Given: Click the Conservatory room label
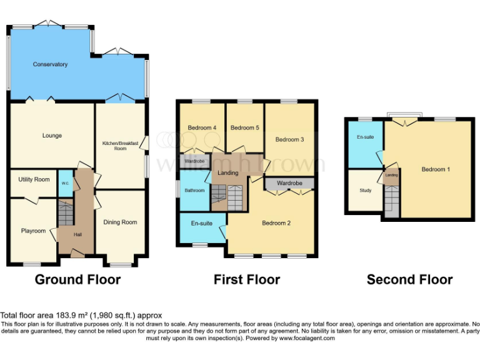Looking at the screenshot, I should pos(50,64).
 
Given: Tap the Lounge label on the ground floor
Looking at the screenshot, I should pos(52,136).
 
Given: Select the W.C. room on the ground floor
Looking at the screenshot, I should pos(65,183).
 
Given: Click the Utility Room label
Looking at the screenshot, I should pos(34,179).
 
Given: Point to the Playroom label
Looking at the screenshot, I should pos(33,231).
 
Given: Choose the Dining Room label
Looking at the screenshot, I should pos(120,222).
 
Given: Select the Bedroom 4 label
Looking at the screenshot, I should pos(202,127).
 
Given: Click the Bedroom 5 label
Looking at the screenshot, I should pos(244,127).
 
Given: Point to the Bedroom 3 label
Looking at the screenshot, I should pos(289,139).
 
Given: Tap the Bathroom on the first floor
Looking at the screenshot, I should pos(193,191).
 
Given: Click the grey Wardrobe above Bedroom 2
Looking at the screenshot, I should pos(289,183).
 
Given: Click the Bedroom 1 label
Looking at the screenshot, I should pos(434,169).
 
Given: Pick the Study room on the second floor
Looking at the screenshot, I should pos(366,191).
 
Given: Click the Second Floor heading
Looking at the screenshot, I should pos(409,279).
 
